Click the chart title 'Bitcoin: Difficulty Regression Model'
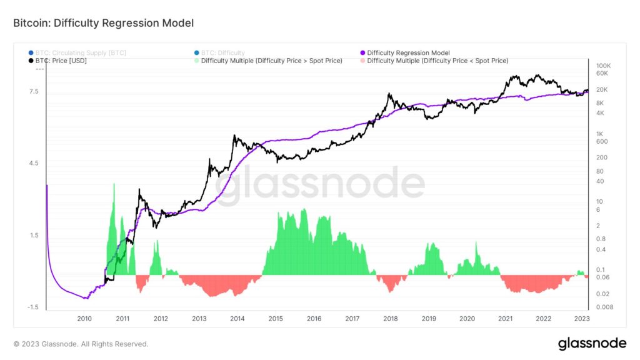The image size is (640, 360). (103, 23)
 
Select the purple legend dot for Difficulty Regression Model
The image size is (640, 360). (363, 53)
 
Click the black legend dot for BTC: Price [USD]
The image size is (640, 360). (31, 61)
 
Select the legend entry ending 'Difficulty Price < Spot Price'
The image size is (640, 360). (437, 61)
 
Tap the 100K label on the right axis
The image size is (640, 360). (603, 66)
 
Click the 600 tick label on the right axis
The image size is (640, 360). (602, 141)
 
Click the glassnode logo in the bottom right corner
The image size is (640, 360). (592, 344)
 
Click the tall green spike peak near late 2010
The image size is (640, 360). (114, 184)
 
